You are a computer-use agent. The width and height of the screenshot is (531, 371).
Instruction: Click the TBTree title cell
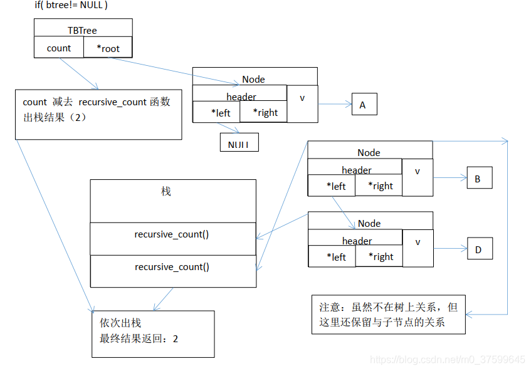click(82, 29)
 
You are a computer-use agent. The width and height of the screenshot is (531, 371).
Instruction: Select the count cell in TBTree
click(59, 48)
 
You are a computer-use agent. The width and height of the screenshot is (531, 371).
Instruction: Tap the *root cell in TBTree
click(108, 48)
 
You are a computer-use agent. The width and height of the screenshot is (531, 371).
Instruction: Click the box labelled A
click(364, 105)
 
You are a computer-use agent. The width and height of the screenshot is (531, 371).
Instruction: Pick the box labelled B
click(479, 179)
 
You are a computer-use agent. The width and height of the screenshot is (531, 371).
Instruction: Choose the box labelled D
click(479, 249)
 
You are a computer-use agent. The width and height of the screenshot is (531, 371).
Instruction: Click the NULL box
click(239, 144)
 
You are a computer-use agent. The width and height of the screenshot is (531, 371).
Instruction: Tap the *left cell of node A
click(216, 112)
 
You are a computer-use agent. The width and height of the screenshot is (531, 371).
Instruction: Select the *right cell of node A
click(263, 112)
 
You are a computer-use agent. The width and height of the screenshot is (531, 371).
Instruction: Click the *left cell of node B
click(332, 185)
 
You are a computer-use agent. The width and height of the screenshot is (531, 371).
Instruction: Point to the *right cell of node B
click(379, 185)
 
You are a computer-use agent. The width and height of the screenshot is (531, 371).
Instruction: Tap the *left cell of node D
click(332, 256)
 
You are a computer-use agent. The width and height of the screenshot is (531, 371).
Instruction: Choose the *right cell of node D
click(379, 256)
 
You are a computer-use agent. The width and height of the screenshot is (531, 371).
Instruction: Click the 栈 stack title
click(166, 192)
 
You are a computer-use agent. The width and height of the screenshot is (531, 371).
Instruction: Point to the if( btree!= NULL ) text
click(71, 5)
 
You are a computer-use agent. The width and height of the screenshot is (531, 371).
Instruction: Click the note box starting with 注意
click(388, 315)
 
